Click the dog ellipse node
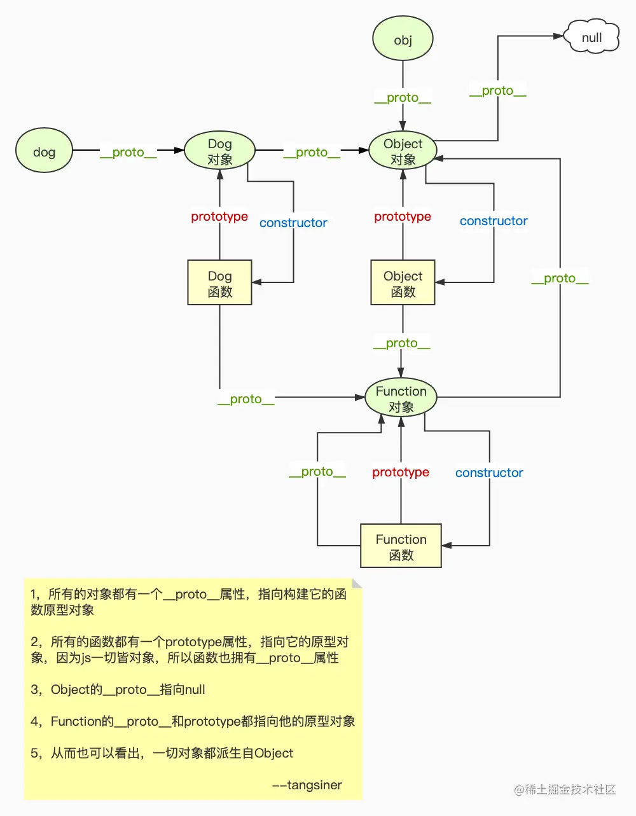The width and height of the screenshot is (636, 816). pyautogui.click(x=44, y=151)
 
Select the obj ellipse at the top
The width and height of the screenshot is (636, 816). pyautogui.click(x=403, y=39)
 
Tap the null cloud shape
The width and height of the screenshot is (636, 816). pyautogui.click(x=591, y=38)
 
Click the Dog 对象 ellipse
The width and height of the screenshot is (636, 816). pyautogui.click(x=219, y=151)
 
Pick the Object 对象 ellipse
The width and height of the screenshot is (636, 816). pyautogui.click(x=403, y=151)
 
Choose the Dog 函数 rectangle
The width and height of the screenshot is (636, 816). pyautogui.click(x=219, y=283)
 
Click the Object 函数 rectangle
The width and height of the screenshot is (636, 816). pyautogui.click(x=403, y=283)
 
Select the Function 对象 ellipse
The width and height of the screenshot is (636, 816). pyautogui.click(x=401, y=398)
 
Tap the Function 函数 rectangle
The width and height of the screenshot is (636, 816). pyautogui.click(x=401, y=546)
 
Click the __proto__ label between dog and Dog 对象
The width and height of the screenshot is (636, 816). pyautogui.click(x=128, y=152)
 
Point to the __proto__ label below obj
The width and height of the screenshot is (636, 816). pyautogui.click(x=403, y=97)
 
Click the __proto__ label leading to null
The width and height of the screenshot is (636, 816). pyautogui.click(x=497, y=90)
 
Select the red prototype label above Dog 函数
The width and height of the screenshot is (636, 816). pyautogui.click(x=219, y=216)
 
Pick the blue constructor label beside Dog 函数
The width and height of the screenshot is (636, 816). pyautogui.click(x=293, y=223)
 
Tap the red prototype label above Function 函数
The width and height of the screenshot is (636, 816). pyautogui.click(x=401, y=472)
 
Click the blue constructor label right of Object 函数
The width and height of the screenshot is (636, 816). pyautogui.click(x=494, y=221)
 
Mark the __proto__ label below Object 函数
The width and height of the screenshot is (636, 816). pyautogui.click(x=401, y=343)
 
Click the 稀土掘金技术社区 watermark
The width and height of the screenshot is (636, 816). pyautogui.click(x=565, y=789)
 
